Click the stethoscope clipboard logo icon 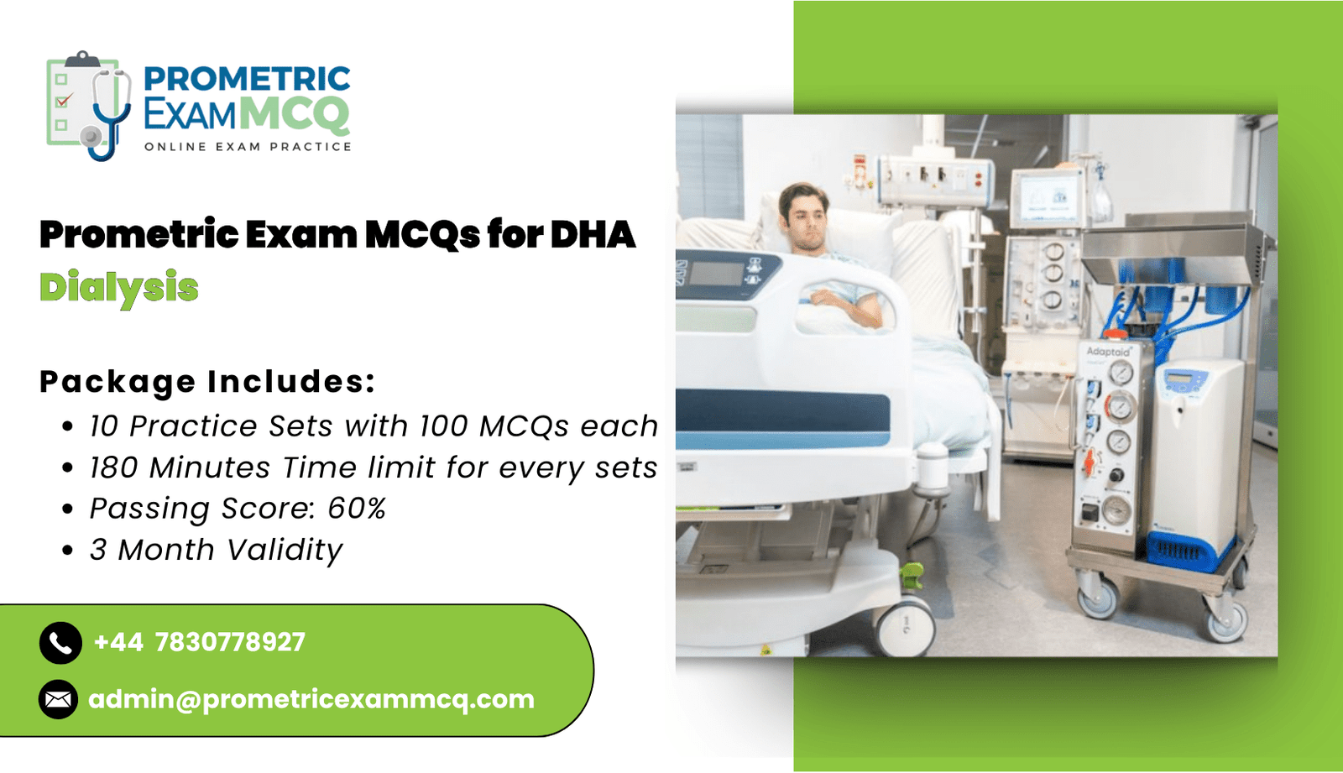89,106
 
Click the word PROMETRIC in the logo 247,80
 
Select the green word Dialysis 118,287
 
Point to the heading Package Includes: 207,381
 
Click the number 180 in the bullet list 114,467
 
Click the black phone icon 60,642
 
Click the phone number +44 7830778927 200,642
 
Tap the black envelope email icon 58,699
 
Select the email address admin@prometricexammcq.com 311,700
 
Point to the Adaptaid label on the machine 1109,351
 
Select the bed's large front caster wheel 904,627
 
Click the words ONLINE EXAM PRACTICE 248,147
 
